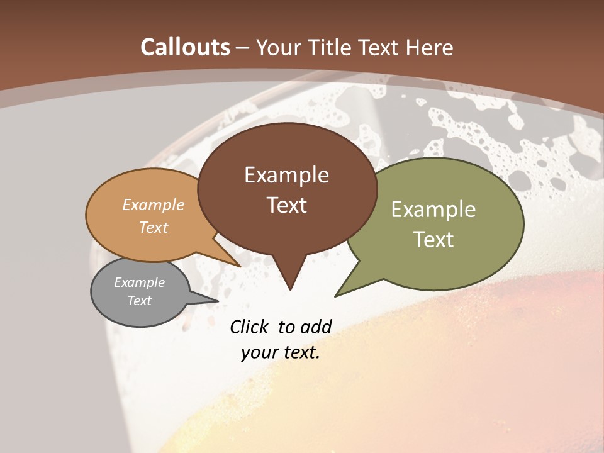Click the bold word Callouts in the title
point(186,47)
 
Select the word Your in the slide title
point(280,47)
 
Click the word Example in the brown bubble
point(286,174)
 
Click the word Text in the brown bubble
point(286,204)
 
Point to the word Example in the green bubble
point(433,209)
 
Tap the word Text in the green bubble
point(433,239)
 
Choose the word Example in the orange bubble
point(153,204)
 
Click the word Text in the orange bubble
point(153,227)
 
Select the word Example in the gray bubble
point(139,282)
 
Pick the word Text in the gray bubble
point(139,301)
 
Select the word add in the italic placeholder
point(315,327)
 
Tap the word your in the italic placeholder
point(259,352)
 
